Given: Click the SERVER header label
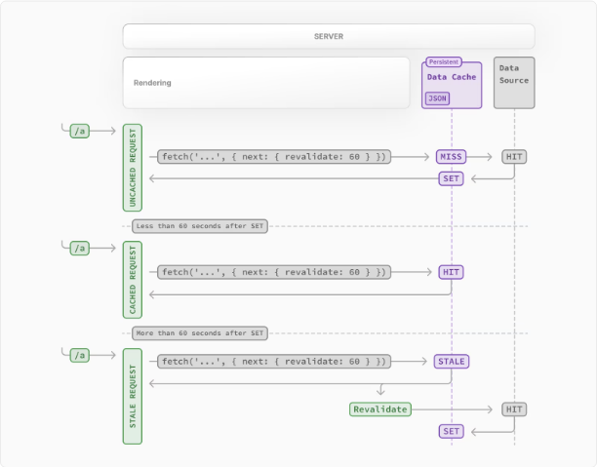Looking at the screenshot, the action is pyautogui.click(x=329, y=36).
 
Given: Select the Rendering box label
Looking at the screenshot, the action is pyautogui.click(x=152, y=83).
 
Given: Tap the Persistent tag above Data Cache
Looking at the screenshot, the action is pyautogui.click(x=444, y=62).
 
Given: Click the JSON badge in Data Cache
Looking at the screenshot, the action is pyautogui.click(x=437, y=98).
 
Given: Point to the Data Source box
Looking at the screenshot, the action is pyautogui.click(x=514, y=83).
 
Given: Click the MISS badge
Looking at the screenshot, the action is pyautogui.click(x=452, y=157).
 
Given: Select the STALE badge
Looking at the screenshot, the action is pyautogui.click(x=452, y=362).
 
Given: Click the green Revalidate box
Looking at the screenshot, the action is pyautogui.click(x=380, y=409).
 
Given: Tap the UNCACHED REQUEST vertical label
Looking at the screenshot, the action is pyautogui.click(x=133, y=168).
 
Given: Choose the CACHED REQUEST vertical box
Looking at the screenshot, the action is pyautogui.click(x=133, y=280).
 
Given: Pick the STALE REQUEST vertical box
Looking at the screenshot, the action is pyautogui.click(x=133, y=396).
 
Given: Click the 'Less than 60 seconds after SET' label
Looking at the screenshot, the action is pyautogui.click(x=200, y=226).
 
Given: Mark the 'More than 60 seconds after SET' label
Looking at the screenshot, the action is pyautogui.click(x=200, y=333).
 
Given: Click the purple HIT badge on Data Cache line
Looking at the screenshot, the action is pyautogui.click(x=452, y=272).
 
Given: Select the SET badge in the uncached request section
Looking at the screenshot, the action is pyautogui.click(x=452, y=178).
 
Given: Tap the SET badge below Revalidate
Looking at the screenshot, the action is pyautogui.click(x=452, y=431).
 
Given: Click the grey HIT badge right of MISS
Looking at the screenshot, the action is pyautogui.click(x=514, y=157).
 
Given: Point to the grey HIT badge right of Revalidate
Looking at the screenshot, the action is pyautogui.click(x=514, y=409).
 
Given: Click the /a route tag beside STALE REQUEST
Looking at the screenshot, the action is pyautogui.click(x=80, y=356).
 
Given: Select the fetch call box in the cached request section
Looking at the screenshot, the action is pyautogui.click(x=274, y=272).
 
